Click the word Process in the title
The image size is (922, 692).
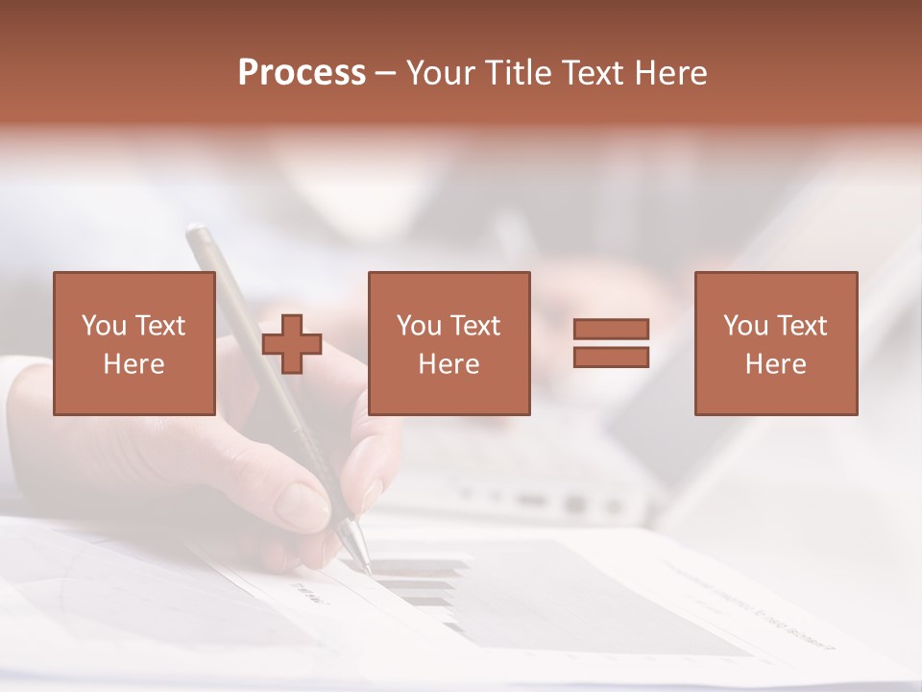[302, 73]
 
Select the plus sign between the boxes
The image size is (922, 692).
[292, 344]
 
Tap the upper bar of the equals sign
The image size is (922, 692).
[611, 329]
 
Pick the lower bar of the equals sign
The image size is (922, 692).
[611, 358]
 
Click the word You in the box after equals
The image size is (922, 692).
[746, 326]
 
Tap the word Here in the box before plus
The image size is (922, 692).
[133, 364]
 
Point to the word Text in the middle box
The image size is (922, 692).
[475, 326]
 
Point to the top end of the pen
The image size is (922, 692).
[196, 232]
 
